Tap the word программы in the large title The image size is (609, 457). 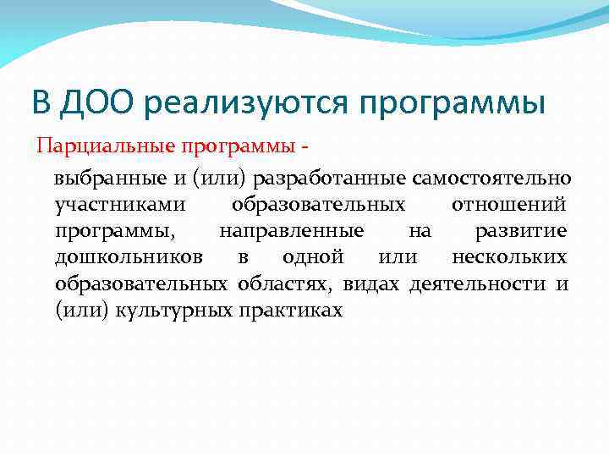point(453,103)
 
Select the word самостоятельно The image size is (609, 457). point(505,179)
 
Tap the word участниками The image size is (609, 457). point(115,205)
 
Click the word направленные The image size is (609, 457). point(292,231)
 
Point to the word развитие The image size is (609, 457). point(521,231)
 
